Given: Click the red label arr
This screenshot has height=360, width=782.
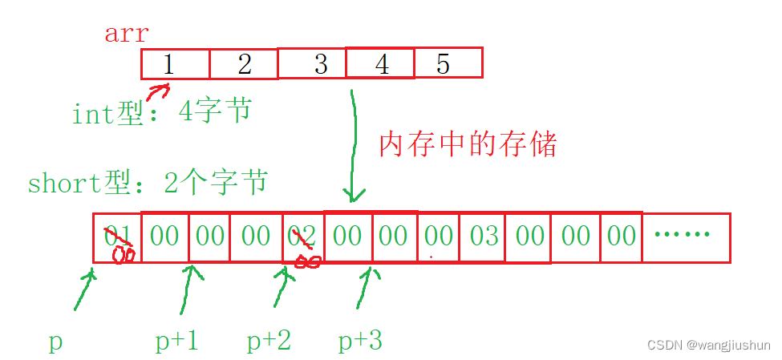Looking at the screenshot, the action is click(126, 34).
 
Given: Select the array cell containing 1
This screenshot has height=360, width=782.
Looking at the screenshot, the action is click(175, 64).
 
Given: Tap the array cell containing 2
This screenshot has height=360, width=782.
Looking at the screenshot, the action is click(244, 64).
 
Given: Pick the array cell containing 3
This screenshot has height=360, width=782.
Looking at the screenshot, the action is click(313, 64).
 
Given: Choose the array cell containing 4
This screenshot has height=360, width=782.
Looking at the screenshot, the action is click(381, 64).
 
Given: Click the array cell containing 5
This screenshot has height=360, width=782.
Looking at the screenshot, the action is click(448, 63).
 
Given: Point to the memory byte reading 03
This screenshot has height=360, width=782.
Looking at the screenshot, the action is click(483, 237).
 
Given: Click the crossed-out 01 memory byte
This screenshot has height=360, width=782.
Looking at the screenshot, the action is click(117, 237).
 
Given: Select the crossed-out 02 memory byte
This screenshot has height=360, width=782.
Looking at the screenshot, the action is click(303, 237).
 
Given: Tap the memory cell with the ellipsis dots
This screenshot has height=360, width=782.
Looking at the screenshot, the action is click(686, 237).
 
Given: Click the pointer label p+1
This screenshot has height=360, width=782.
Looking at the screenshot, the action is click(177, 342).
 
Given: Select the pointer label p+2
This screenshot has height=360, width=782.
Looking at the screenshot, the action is click(269, 342).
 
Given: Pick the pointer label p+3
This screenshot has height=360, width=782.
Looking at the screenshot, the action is click(360, 342).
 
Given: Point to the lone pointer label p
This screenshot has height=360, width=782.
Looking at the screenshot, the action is click(55, 342).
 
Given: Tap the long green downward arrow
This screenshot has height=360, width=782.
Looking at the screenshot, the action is click(353, 144).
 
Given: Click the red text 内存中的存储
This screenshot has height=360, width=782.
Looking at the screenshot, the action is click(467, 144).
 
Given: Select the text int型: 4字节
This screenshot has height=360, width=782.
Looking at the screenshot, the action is click(161, 112).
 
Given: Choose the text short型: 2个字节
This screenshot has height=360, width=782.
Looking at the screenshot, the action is click(148, 184).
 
